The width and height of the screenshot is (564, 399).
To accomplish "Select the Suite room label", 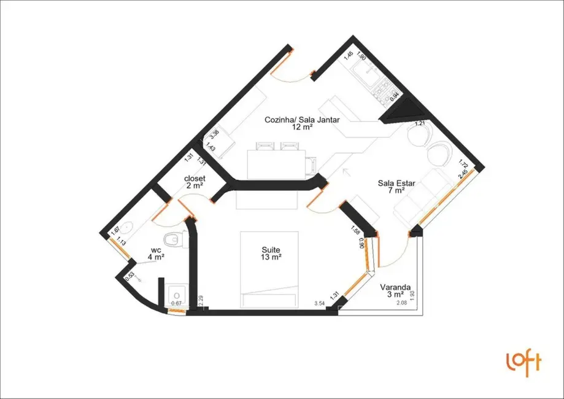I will pos(271,250).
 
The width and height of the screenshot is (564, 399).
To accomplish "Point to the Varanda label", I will pos(395,287).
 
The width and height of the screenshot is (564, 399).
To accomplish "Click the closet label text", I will pos(195,179).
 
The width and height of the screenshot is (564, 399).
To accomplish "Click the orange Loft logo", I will pos(523,362).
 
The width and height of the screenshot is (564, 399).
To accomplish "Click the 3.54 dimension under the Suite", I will pos(319,303).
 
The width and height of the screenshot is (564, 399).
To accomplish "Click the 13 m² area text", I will pos(271,258).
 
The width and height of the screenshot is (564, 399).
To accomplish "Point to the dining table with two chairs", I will pos(276,162).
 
